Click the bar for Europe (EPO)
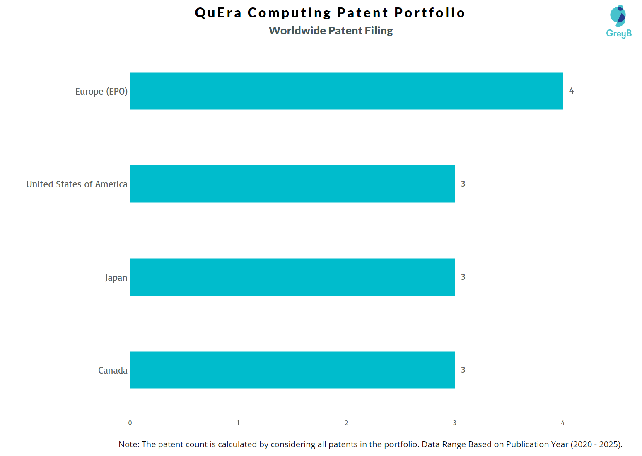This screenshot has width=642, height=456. pyautogui.click(x=346, y=91)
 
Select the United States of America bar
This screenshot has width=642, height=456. pyautogui.click(x=292, y=184)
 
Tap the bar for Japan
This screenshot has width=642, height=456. pyautogui.click(x=292, y=277)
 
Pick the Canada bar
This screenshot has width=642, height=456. pyautogui.click(x=292, y=370)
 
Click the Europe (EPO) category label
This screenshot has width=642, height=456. pyautogui.click(x=101, y=92)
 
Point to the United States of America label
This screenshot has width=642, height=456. pyautogui.click(x=77, y=184)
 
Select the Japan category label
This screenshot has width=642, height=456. pyautogui.click(x=116, y=278)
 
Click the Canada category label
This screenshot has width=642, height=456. pyautogui.click(x=113, y=371)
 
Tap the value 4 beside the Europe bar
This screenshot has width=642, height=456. pyautogui.click(x=571, y=91)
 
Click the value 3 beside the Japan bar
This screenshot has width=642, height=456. pyautogui.click(x=463, y=277)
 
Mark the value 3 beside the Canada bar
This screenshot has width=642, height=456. pyautogui.click(x=463, y=370)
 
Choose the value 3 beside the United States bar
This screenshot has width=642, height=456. pyautogui.click(x=463, y=184)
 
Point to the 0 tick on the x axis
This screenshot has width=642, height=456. pyautogui.click(x=130, y=423)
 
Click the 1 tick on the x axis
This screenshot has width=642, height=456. pyautogui.click(x=238, y=423)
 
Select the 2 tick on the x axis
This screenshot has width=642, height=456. pyautogui.click(x=346, y=423)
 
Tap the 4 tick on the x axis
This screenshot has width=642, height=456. pyautogui.click(x=562, y=423)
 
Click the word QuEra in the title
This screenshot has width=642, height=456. pyautogui.click(x=218, y=13)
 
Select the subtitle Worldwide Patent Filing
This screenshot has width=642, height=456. pyautogui.click(x=331, y=31)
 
